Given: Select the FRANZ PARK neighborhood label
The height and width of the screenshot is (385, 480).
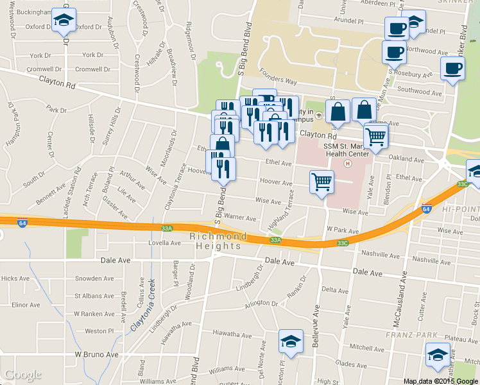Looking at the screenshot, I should click(x=411, y=335).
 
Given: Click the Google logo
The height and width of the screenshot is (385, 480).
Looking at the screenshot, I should click(x=22, y=375).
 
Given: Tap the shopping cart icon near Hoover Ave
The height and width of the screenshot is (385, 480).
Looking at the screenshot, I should click(x=321, y=182).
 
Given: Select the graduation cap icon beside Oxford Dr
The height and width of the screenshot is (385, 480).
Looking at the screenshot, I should click(x=64, y=20).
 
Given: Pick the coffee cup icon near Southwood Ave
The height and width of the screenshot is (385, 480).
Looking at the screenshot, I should click(x=452, y=68).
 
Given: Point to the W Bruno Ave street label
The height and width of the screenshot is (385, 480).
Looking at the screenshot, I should click(x=97, y=354).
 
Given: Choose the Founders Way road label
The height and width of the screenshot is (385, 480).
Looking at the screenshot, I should click(x=278, y=81).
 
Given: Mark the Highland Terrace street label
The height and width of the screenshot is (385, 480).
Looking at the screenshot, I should click(x=281, y=210).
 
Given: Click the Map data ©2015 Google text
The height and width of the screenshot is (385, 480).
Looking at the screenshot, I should click(x=441, y=381).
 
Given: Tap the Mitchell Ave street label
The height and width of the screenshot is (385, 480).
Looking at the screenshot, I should click(x=366, y=347).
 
